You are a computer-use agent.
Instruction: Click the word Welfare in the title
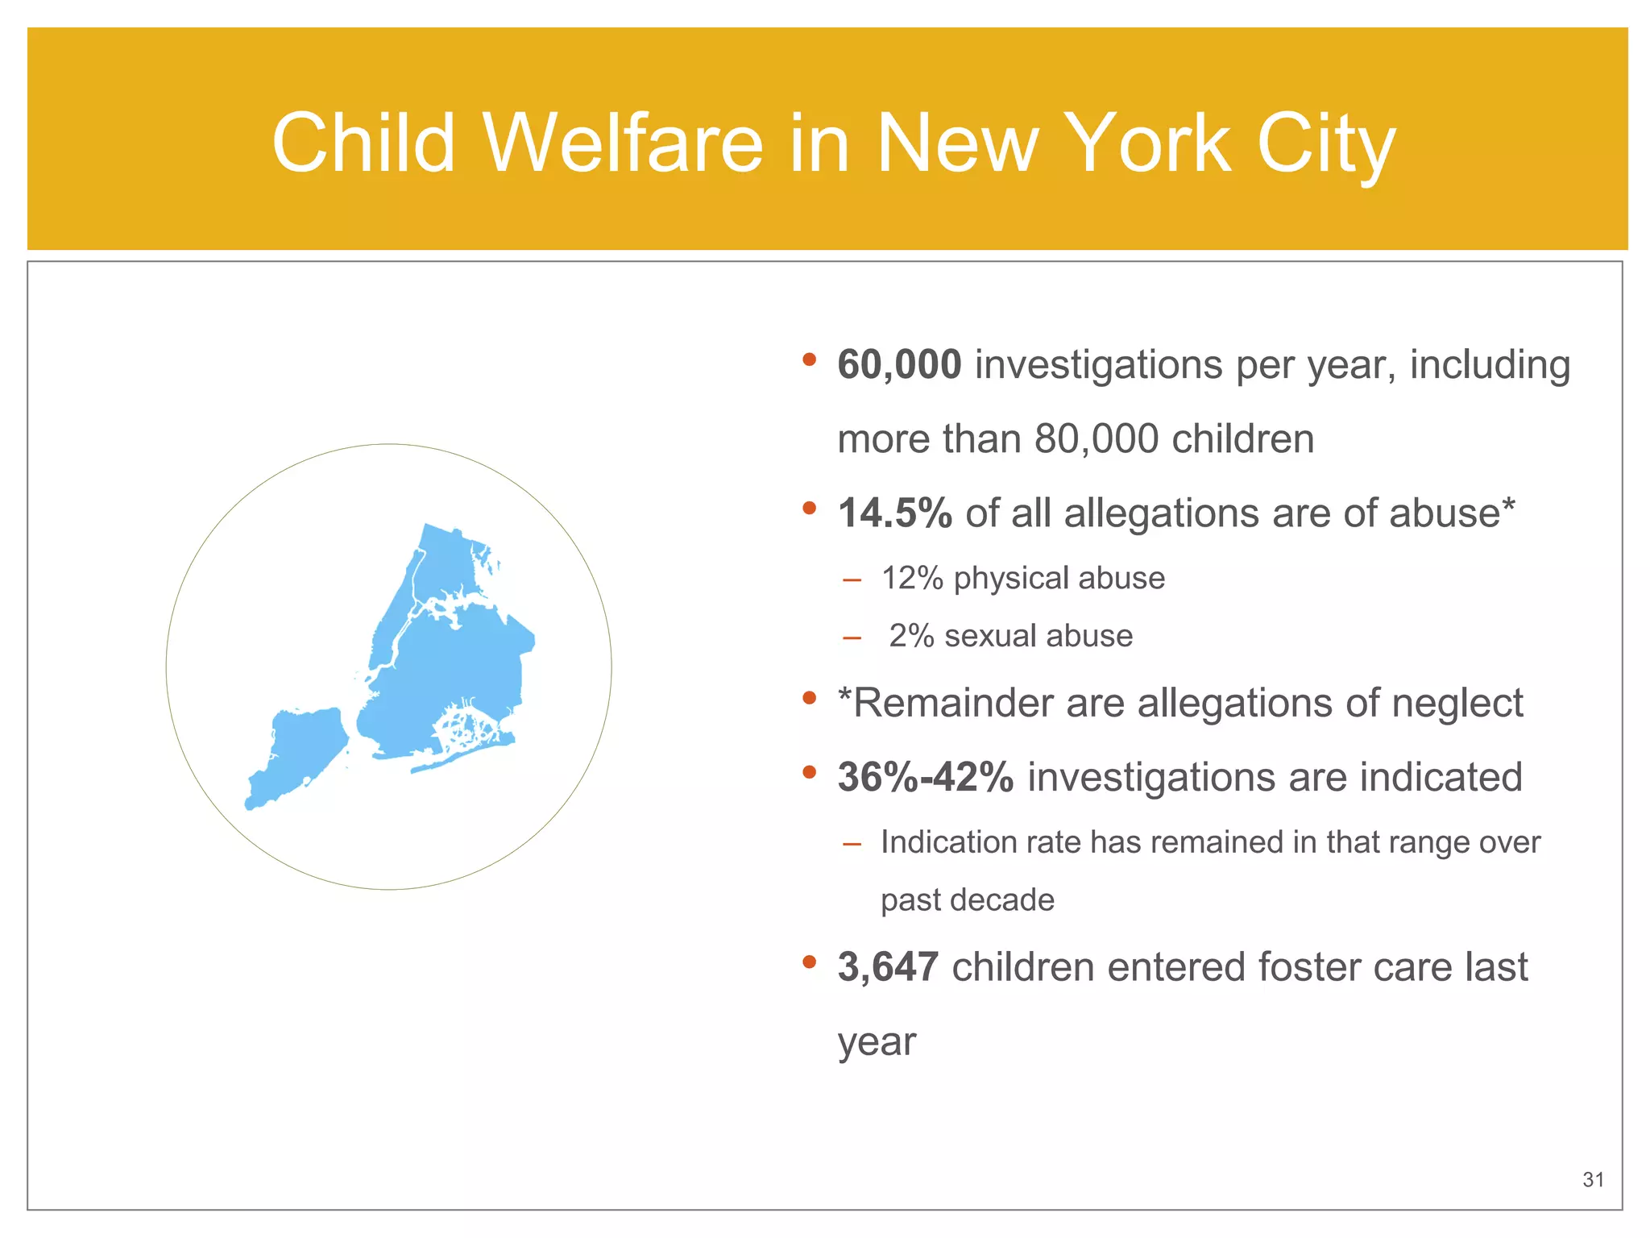point(622,143)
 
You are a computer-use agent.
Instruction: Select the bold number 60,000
point(899,364)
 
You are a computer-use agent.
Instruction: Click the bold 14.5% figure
point(894,513)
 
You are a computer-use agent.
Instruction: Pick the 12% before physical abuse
point(912,579)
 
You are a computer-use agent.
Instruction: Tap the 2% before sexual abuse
point(911,637)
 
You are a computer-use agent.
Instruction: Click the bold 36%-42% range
point(925,778)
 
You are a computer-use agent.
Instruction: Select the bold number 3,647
point(888,967)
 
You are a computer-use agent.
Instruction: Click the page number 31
point(1593,1180)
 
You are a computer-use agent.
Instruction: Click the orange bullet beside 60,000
point(810,359)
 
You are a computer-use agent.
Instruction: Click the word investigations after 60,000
point(1099,364)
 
